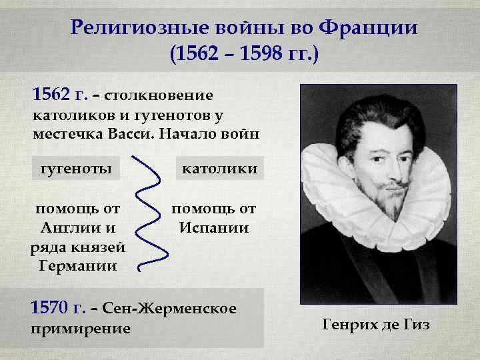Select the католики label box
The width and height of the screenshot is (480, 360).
click(219, 167)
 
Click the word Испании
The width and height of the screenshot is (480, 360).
click(215, 228)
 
